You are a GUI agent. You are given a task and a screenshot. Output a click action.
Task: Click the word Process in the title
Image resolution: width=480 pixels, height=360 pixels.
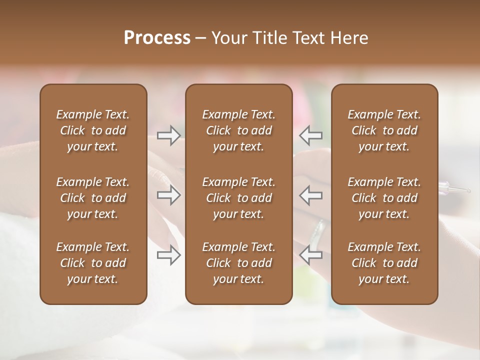coord(157,38)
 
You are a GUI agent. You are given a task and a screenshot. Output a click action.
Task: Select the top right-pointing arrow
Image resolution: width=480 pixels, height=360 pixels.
coord(169,135)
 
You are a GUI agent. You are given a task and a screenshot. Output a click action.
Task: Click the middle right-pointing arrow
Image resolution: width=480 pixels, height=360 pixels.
coord(169,195)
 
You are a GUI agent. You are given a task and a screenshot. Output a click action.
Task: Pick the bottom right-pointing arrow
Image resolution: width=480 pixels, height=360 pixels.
coord(169,255)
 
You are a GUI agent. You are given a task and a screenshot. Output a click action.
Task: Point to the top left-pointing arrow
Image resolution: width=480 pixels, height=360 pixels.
coord(311,135)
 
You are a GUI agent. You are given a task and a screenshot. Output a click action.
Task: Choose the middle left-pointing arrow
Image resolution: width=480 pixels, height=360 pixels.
coord(311,195)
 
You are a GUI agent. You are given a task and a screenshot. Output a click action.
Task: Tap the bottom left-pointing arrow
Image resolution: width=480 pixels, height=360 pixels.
coord(311,255)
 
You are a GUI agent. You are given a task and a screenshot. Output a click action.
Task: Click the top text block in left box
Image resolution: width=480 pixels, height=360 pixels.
coord(93,130)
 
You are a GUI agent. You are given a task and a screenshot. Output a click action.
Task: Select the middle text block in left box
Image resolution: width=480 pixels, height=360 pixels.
coord(93,198)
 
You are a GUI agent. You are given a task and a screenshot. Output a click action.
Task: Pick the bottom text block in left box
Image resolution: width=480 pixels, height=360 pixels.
coord(93,263)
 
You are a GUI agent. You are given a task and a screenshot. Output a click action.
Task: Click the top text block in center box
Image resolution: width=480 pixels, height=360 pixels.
coord(238,130)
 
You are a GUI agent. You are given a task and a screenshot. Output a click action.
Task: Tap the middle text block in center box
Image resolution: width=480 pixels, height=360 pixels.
coord(238,198)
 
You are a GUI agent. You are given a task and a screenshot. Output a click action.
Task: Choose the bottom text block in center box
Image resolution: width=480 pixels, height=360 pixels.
coord(238,263)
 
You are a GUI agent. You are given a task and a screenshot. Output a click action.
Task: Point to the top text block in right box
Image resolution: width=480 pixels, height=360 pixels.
coord(384,130)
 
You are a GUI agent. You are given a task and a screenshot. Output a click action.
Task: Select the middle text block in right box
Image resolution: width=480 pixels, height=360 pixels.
coord(384,198)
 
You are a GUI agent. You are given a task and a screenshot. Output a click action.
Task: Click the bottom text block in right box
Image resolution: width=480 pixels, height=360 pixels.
coord(384,263)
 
